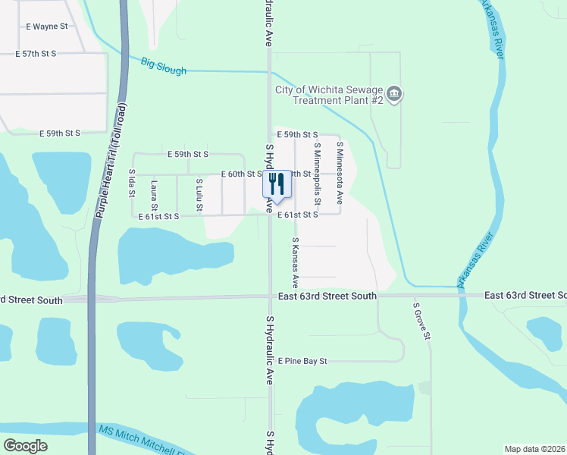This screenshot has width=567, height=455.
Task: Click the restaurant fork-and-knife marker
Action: pos(276,184)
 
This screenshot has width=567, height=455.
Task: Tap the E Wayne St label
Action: pos(47,27)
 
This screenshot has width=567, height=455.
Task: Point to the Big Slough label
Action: pos(163,67)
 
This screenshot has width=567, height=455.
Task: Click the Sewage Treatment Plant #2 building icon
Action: pos(394,95)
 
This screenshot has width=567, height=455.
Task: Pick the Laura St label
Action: pos(154,196)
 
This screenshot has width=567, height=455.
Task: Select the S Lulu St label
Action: pos(199,194)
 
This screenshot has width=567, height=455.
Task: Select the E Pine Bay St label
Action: pos(302,361)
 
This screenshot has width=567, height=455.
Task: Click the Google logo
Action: pos(26,446)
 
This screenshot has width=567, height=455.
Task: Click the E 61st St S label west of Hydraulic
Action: pos(158,216)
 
